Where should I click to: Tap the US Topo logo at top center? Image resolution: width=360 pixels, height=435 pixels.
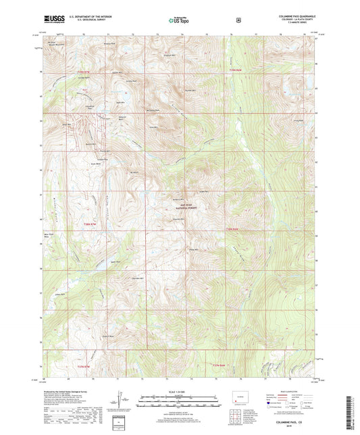click(180, 20)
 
